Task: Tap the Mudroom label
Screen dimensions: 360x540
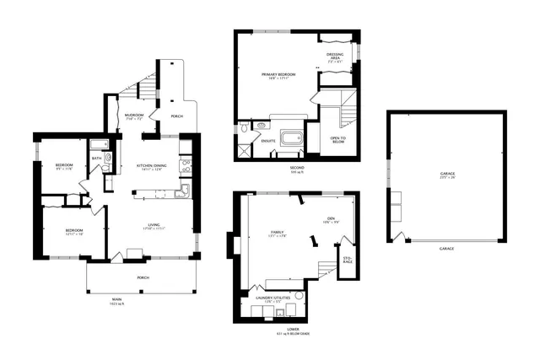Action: [133, 116]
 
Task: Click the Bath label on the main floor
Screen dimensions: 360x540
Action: [97, 158]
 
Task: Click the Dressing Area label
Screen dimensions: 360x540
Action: [335, 58]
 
